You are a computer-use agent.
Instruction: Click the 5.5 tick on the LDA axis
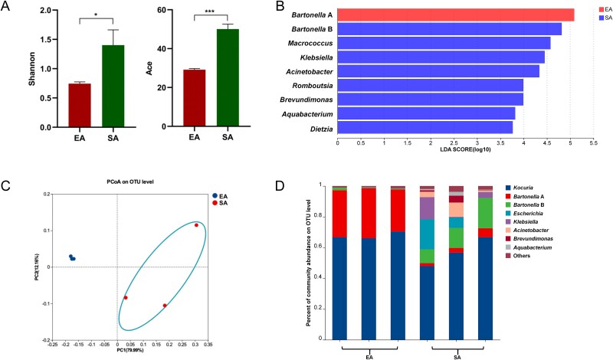[x=593, y=143]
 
